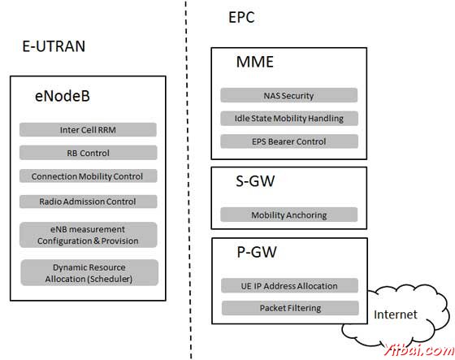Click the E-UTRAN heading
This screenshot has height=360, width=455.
(x=53, y=46)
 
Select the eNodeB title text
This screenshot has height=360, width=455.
(x=62, y=97)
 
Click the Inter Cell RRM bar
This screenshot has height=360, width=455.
(x=88, y=129)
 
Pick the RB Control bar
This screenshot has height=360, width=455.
(x=88, y=152)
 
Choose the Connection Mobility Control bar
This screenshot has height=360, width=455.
(x=88, y=176)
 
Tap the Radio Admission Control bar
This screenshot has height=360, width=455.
(x=88, y=201)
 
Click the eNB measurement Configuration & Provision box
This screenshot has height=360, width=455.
(x=88, y=235)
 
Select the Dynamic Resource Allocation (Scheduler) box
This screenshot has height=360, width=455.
(x=89, y=272)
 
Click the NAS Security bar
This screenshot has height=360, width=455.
(x=288, y=95)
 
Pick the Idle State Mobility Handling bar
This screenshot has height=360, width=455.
(x=288, y=118)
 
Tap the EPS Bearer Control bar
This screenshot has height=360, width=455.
(x=288, y=141)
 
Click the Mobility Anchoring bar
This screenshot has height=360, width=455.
(x=288, y=215)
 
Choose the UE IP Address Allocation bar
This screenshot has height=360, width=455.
(x=289, y=285)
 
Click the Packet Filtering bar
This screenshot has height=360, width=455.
(x=289, y=308)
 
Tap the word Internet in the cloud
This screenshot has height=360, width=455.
(x=396, y=314)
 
